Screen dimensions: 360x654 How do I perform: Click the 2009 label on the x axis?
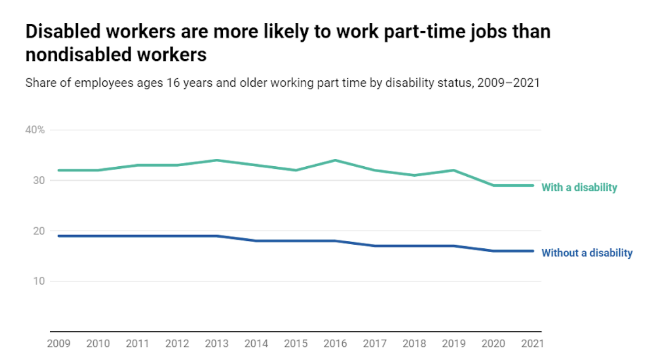(59, 344)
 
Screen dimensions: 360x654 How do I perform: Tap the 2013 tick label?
(216, 344)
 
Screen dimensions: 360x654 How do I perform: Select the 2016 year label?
(335, 344)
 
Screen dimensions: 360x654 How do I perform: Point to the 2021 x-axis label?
(532, 344)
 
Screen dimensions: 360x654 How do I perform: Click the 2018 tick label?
(414, 344)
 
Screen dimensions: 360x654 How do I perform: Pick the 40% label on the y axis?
(35, 130)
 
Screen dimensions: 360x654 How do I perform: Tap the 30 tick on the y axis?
(39, 181)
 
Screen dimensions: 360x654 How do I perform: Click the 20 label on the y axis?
(39, 231)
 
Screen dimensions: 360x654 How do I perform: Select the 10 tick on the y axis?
(39, 281)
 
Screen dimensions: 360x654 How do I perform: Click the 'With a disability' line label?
(579, 187)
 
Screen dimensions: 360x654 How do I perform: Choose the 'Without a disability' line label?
(587, 253)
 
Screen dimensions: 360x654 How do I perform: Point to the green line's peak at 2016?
(335, 160)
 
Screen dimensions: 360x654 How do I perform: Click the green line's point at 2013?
(217, 160)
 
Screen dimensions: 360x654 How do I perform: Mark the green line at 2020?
(493, 185)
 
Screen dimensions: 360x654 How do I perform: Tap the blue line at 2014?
(257, 241)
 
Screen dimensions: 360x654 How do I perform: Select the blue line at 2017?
(375, 246)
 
